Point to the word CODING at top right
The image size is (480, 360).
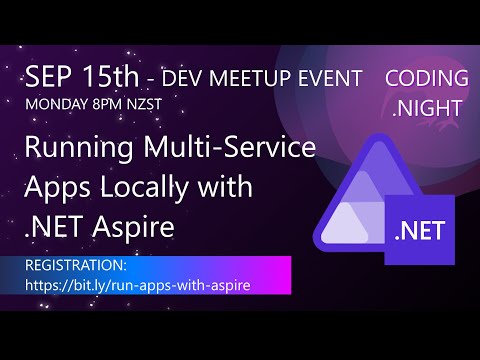click(x=426, y=78)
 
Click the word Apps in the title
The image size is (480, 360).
click(x=56, y=189)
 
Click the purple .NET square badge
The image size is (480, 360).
click(x=420, y=230)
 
